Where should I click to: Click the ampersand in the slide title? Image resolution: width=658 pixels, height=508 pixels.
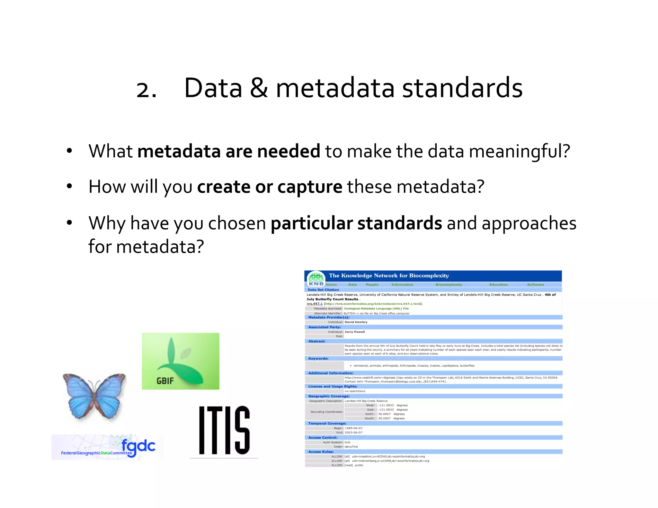click(259, 89)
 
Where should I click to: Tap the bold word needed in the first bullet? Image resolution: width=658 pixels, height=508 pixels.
click(289, 151)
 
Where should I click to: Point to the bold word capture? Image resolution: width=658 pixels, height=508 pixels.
click(310, 187)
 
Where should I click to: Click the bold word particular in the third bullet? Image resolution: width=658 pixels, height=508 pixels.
click(312, 223)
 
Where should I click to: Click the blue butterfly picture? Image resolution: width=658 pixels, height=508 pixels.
click(94, 396)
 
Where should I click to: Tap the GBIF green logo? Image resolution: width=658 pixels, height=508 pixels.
click(181, 361)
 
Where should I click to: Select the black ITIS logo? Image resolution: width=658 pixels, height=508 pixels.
click(224, 430)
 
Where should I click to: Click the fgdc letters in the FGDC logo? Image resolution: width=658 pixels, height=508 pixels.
click(138, 446)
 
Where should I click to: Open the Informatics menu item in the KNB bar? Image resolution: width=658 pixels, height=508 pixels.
click(402, 285)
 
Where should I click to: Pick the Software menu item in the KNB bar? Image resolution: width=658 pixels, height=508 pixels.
click(535, 285)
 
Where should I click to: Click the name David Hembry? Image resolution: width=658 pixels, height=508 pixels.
click(356, 322)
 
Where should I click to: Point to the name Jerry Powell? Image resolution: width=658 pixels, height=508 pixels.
click(355, 332)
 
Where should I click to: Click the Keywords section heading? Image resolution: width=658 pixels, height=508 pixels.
click(318, 358)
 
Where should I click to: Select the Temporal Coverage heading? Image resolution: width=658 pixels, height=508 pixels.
click(327, 423)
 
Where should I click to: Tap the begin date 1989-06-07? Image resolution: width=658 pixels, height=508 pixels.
click(353, 428)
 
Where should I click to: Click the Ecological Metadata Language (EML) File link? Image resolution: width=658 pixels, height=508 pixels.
click(376, 309)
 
